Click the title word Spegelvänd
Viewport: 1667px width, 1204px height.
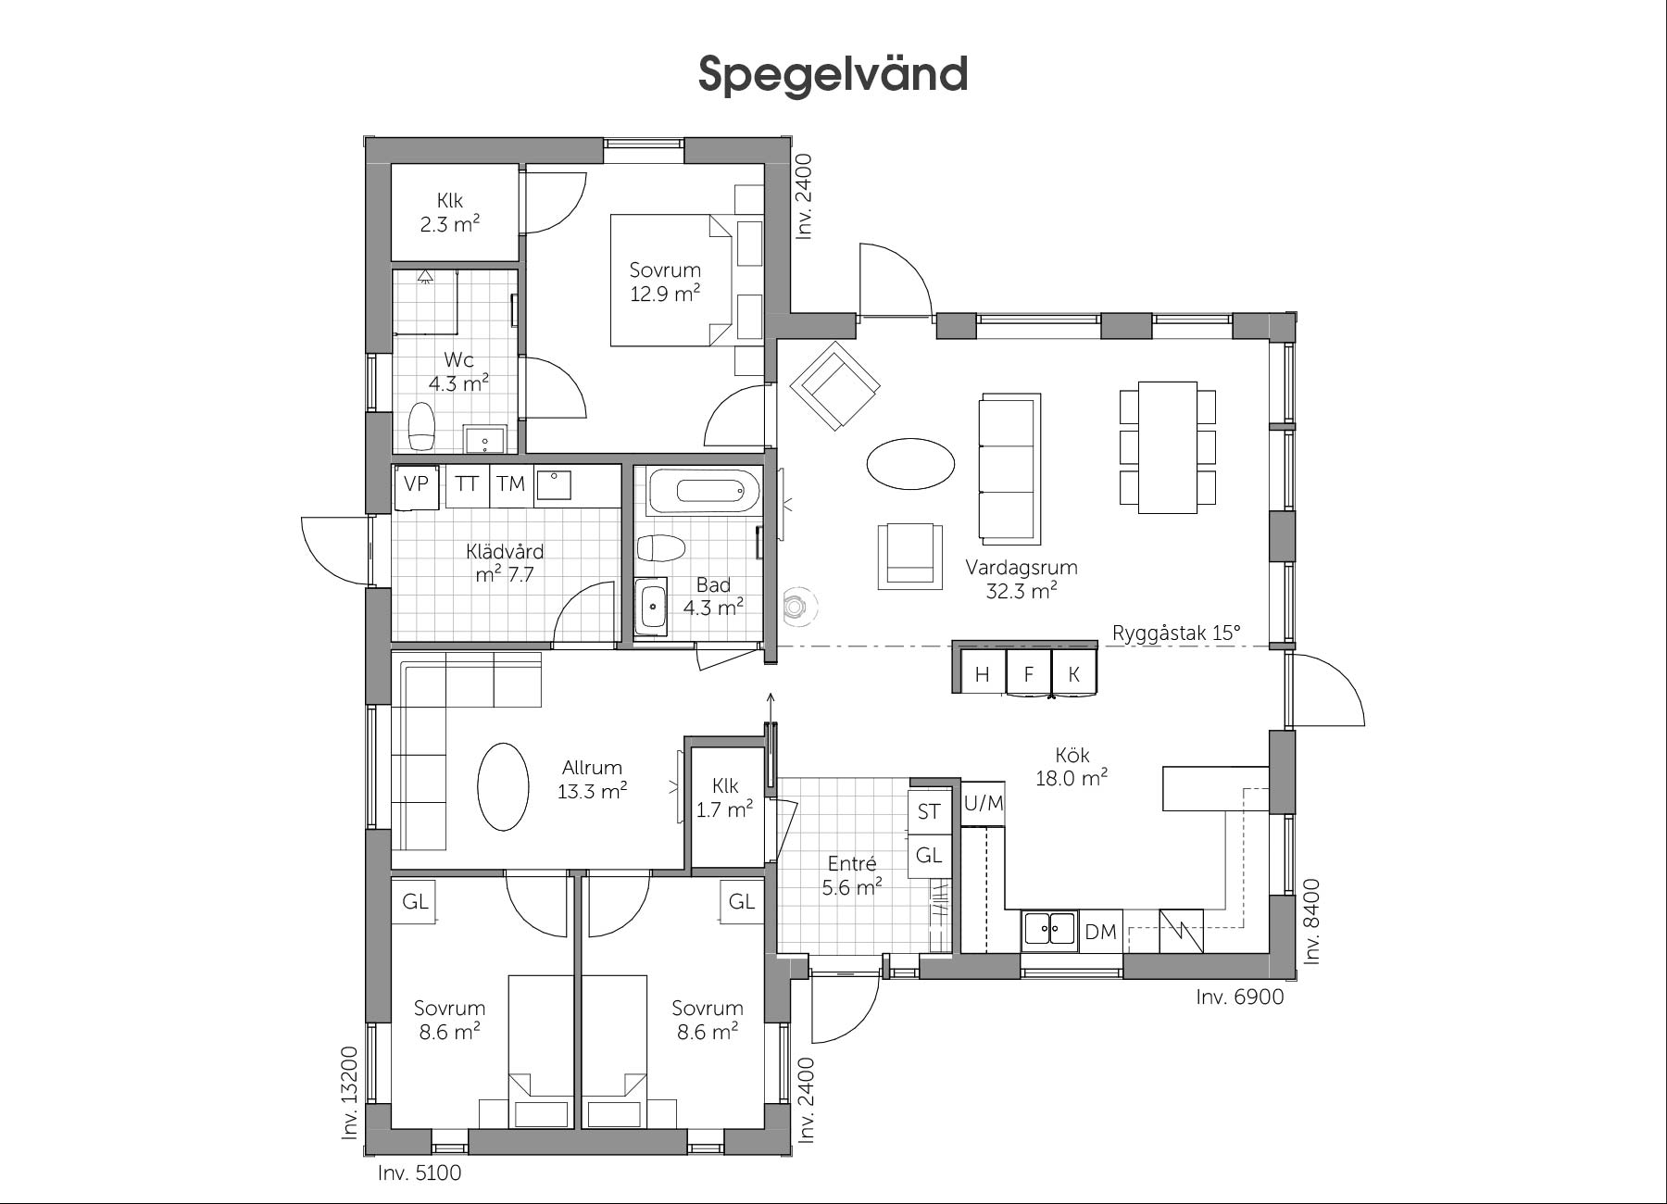pos(833,74)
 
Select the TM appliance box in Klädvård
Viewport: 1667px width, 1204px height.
pos(510,485)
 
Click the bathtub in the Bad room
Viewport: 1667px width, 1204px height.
pos(704,491)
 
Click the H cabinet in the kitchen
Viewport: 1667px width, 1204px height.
pos(983,673)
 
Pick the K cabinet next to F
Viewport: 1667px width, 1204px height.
pos(1074,673)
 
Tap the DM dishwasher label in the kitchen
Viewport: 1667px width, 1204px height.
pos(1100,932)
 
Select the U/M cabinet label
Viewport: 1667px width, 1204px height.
pos(984,803)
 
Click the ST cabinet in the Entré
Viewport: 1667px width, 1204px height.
pos(929,811)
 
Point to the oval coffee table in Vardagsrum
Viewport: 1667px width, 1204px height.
pos(910,464)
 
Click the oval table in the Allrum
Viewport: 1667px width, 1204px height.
pos(503,787)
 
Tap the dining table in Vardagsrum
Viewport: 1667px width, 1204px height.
pos(1168,446)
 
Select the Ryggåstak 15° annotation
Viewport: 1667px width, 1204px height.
pos(1176,633)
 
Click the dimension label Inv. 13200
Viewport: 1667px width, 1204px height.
pos(350,1092)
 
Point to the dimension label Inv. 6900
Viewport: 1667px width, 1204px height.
pos(1240,997)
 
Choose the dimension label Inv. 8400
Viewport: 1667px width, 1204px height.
pos(1311,922)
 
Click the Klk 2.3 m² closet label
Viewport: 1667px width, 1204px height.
pos(450,212)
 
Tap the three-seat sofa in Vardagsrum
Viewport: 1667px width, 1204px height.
pos(1009,469)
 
